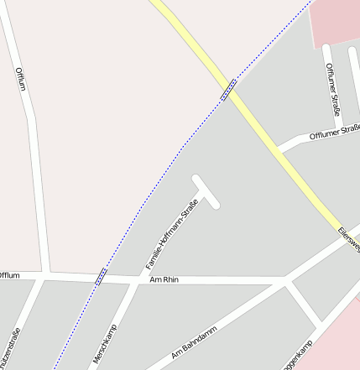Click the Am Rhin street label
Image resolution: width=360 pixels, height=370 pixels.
click(x=164, y=279)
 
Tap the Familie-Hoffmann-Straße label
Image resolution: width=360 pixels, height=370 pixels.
click(x=172, y=235)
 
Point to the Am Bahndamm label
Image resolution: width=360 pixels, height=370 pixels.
click(x=194, y=342)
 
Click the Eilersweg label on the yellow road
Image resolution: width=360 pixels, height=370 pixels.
click(x=348, y=240)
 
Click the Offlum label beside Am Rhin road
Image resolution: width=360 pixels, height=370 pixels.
click(x=9, y=275)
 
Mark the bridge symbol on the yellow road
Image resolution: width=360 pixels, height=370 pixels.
click(x=228, y=90)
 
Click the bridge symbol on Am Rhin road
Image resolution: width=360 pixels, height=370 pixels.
click(x=101, y=275)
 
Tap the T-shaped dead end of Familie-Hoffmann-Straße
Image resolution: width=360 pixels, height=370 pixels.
click(x=206, y=191)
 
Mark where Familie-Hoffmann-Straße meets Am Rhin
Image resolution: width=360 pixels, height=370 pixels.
click(x=139, y=279)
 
